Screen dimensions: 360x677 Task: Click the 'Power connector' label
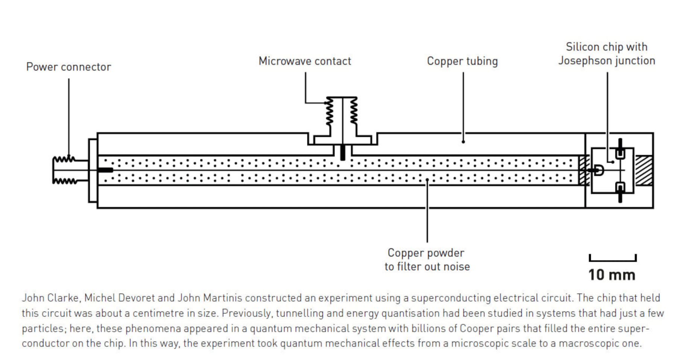pyautogui.click(x=68, y=67)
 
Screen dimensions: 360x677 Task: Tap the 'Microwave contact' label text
pyautogui.click(x=305, y=61)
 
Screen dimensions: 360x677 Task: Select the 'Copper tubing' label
pyautogui.click(x=462, y=61)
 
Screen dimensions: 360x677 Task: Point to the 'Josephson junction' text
pyautogui.click(x=606, y=61)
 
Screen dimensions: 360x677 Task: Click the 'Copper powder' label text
pyautogui.click(x=426, y=253)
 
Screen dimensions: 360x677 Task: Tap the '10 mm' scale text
pyautogui.click(x=612, y=275)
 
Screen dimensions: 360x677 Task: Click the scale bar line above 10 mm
pyautogui.click(x=612, y=260)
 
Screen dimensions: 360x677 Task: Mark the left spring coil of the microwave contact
pyautogui.click(x=329, y=111)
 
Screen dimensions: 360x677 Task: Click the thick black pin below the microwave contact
pyautogui.click(x=342, y=152)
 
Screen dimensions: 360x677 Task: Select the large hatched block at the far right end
pyautogui.click(x=644, y=170)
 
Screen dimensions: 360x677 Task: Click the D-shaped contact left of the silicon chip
pyautogui.click(x=599, y=170)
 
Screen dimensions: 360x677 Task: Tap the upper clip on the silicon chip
pyautogui.click(x=620, y=152)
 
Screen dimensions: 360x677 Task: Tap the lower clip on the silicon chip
pyautogui.click(x=620, y=188)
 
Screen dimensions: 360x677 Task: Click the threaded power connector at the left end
pyautogui.click(x=65, y=170)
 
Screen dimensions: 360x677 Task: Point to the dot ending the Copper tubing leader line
pyautogui.click(x=463, y=142)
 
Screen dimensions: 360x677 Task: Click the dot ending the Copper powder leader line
pyautogui.click(x=427, y=180)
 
